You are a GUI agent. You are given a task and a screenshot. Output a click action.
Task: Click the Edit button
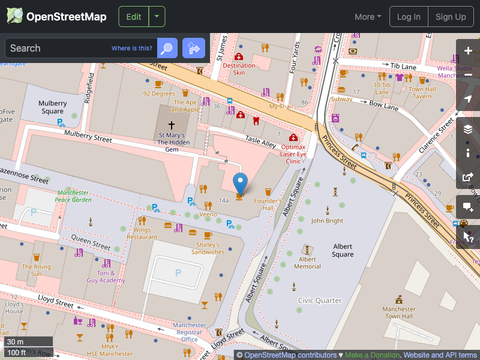[x=133, y=17]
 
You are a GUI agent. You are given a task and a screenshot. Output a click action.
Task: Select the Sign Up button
[x=451, y=17]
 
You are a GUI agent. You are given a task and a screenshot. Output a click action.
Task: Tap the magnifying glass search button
[x=167, y=48]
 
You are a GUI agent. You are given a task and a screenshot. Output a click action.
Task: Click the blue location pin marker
[x=240, y=182]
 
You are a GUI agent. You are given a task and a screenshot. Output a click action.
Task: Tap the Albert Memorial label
[x=307, y=263]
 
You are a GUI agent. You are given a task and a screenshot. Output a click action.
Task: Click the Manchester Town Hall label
[x=398, y=313]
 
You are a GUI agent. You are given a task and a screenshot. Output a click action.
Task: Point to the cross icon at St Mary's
[x=171, y=125]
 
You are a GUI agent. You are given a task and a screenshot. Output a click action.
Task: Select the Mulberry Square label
[x=52, y=107]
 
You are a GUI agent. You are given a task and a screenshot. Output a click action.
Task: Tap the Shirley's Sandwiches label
[x=208, y=248]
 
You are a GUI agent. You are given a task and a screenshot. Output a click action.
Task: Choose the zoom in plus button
[x=468, y=51]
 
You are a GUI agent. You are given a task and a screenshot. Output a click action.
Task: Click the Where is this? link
[x=132, y=48]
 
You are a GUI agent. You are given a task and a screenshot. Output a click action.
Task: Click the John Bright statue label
[x=327, y=220]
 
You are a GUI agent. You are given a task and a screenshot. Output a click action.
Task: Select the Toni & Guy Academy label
[x=106, y=277]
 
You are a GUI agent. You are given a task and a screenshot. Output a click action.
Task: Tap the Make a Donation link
[x=372, y=355]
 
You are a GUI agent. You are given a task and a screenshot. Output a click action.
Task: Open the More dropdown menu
[x=368, y=17]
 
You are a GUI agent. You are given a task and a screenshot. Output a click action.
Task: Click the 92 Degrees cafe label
[x=159, y=94]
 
